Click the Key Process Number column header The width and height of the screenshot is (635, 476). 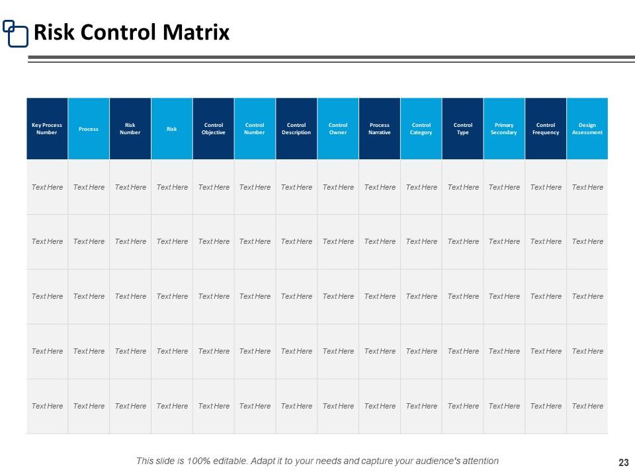[x=47, y=128]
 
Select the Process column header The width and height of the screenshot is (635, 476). [x=89, y=128]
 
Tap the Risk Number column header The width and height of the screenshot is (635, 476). [x=130, y=128]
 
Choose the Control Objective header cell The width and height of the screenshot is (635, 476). [x=213, y=128]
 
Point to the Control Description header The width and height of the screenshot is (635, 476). [x=296, y=128]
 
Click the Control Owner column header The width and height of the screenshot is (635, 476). [x=338, y=128]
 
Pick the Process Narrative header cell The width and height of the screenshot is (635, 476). [x=380, y=128]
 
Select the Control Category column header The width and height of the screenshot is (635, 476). [x=421, y=128]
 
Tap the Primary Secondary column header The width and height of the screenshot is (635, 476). [x=504, y=128]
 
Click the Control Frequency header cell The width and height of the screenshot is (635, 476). [x=546, y=128]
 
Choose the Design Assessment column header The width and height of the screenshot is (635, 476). [x=587, y=128]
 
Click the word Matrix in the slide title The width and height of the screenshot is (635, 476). [x=200, y=32]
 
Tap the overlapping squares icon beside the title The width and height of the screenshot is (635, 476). [x=16, y=33]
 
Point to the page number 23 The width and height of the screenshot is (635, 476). [x=622, y=462]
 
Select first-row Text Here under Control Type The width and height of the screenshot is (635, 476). [x=463, y=187]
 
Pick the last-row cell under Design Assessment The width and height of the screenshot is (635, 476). [x=587, y=406]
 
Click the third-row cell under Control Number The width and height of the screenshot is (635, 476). [x=255, y=296]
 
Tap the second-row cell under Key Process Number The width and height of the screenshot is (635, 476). [x=47, y=241]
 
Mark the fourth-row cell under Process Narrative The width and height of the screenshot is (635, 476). [x=380, y=351]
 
